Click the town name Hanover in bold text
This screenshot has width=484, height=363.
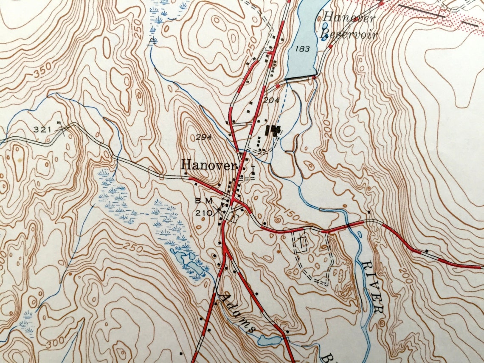coord(208,165)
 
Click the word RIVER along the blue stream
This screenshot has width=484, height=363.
coord(372,287)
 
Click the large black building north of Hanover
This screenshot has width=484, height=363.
coord(273,131)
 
